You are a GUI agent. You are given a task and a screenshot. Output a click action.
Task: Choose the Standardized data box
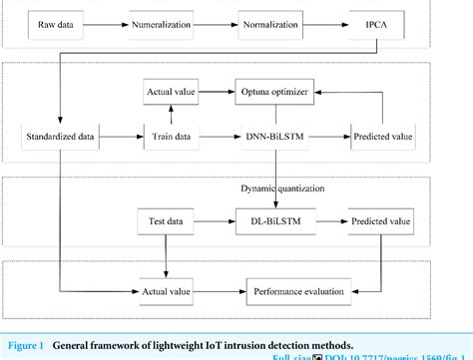(x=61, y=134)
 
